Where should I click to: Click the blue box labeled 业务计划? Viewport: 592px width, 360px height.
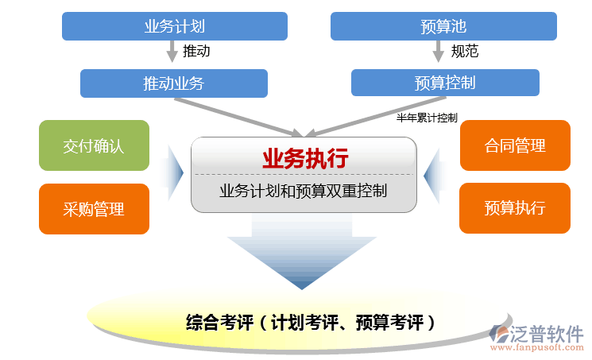[x=175, y=26]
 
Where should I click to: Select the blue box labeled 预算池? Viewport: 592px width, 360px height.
[x=443, y=26]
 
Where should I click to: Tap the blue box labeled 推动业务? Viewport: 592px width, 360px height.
[x=174, y=83]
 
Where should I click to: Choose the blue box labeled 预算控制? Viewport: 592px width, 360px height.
[x=445, y=83]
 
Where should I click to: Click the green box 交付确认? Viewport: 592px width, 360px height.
[x=94, y=145]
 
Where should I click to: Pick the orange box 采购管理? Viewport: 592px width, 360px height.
[x=94, y=209]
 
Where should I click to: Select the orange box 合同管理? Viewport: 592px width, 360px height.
[x=515, y=145]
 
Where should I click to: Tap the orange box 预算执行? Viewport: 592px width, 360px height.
[x=515, y=208]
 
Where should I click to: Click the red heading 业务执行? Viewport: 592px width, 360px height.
[x=305, y=158]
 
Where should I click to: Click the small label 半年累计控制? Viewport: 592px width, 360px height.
[x=427, y=118]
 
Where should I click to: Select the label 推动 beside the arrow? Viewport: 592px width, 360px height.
[x=196, y=52]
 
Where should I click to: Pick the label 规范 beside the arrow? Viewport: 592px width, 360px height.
[x=465, y=52]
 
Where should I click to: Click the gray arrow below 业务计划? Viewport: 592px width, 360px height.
[x=172, y=52]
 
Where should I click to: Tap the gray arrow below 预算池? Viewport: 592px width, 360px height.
[x=438, y=52]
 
